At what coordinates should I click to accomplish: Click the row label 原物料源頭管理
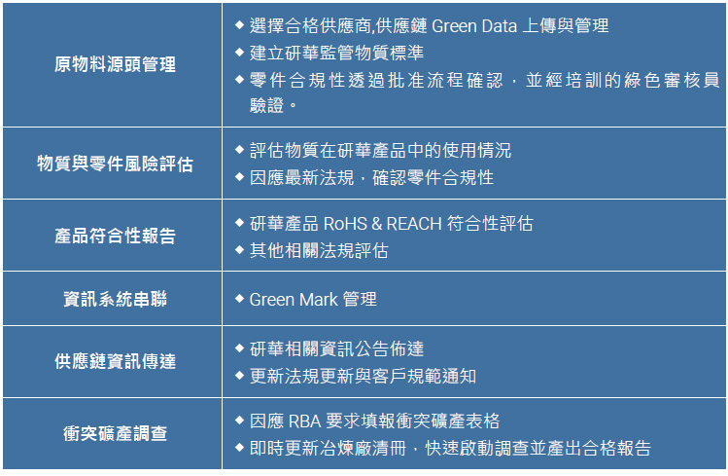115,65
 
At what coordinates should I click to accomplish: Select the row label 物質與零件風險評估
115,164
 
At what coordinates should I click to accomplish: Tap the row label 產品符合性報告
115,236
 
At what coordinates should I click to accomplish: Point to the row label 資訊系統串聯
115,299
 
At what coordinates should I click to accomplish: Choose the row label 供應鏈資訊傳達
115,361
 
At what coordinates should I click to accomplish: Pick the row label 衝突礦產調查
115,433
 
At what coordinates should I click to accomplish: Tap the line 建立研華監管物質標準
336,53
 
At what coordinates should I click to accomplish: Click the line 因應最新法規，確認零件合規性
371,178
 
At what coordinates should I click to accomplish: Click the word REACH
414,224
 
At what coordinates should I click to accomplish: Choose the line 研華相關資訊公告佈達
336,348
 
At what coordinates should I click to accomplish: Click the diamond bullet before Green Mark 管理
239,298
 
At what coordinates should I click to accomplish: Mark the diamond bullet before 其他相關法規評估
239,250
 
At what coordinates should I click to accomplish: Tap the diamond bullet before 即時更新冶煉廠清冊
239,448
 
